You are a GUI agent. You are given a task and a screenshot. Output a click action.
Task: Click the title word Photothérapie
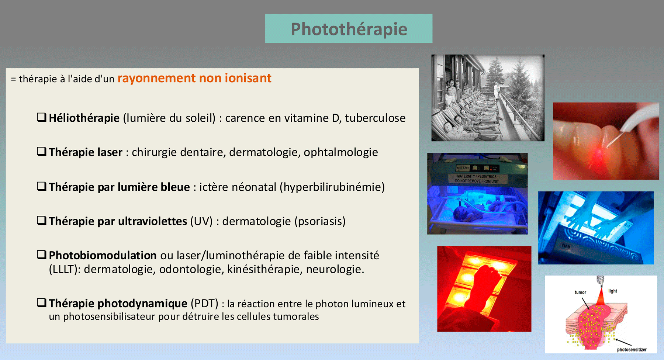click(x=349, y=29)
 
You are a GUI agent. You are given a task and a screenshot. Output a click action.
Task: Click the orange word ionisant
click(x=248, y=78)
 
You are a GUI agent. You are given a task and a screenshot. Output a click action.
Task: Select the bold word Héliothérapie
click(x=84, y=118)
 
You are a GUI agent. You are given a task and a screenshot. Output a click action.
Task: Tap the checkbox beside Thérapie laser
click(x=42, y=152)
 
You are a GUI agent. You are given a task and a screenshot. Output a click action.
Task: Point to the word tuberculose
click(x=375, y=118)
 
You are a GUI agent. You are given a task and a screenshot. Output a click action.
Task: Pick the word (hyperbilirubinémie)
click(x=332, y=187)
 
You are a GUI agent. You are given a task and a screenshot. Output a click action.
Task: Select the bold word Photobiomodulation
click(x=103, y=255)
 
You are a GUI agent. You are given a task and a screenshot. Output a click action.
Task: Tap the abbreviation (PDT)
click(x=204, y=304)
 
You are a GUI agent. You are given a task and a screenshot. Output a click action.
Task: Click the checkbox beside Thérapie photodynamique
click(x=42, y=303)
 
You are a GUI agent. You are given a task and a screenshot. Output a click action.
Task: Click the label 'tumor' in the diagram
click(x=580, y=292)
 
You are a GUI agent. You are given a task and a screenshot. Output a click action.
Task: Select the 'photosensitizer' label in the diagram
click(x=632, y=350)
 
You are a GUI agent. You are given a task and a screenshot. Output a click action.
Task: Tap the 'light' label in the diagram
click(x=613, y=291)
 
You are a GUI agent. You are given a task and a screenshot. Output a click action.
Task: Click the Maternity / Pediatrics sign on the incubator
click(x=477, y=179)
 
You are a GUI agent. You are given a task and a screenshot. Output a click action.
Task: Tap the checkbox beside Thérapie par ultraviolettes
click(x=42, y=221)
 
